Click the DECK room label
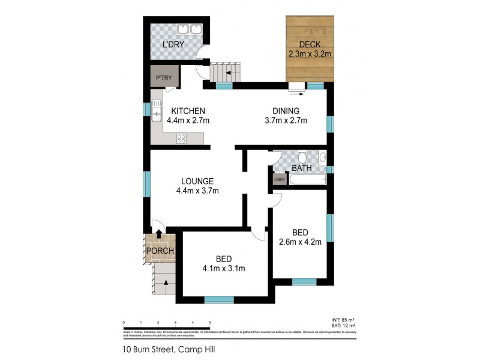pos(310,44)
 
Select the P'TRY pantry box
pos(162,78)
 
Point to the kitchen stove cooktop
pos(181,139)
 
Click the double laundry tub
pos(191,29)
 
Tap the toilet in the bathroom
pos(304,157)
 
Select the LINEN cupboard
pos(279,179)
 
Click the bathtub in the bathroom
pos(307,179)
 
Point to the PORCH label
pos(161,251)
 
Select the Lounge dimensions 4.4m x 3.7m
pos(197,191)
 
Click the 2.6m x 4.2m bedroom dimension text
pos(301,242)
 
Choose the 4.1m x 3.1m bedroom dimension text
pos(224,268)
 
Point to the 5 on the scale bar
pos(210,322)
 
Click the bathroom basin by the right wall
pos(322,158)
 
